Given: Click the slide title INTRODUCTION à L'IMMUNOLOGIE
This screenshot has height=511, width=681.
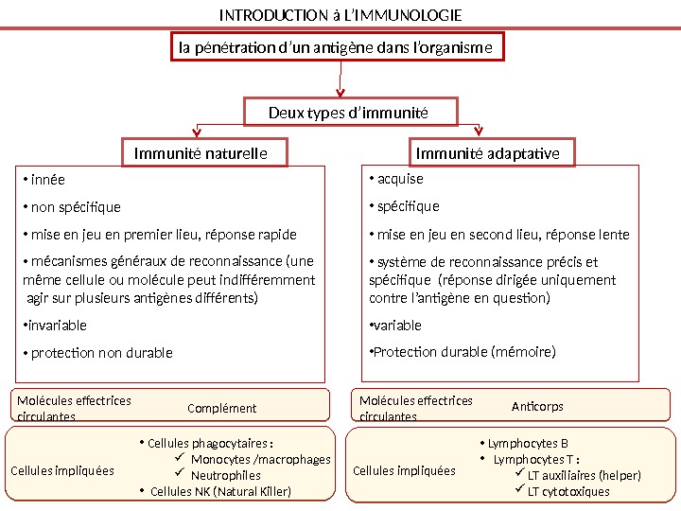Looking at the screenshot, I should point(340,16).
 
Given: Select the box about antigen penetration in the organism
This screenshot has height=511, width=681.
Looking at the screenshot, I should point(337,48).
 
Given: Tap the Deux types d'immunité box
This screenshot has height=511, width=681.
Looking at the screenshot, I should point(351,114).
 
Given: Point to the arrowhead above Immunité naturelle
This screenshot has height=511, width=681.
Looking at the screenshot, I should point(199,132).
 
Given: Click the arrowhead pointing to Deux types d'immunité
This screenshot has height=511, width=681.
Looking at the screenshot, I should point(340,93).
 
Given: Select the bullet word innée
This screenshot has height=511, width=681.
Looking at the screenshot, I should point(48,180).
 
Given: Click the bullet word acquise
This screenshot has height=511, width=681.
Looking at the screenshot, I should point(400,179).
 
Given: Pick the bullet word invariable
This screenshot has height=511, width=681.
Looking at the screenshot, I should point(58,326).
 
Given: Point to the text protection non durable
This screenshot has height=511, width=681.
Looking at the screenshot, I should point(101,353).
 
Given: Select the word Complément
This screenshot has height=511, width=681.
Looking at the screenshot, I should point(222,409).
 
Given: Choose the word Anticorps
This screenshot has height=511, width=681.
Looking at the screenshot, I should point(537,407).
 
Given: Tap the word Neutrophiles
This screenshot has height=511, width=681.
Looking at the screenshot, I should point(226,476).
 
